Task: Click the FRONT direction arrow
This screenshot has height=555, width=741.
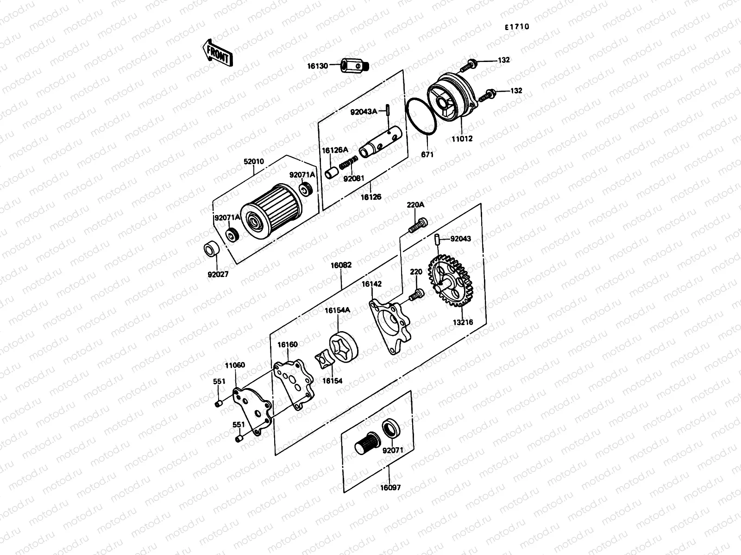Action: [217, 52]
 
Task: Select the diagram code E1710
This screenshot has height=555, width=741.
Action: [516, 27]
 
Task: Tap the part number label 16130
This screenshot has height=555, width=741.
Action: [317, 66]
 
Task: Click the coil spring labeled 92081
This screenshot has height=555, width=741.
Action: [348, 164]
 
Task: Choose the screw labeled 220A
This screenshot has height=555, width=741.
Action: [417, 225]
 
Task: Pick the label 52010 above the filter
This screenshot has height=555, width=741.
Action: [254, 162]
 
